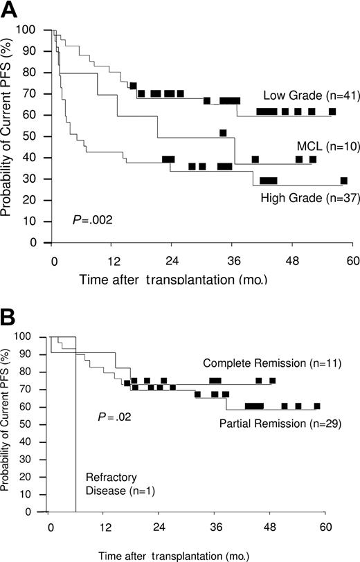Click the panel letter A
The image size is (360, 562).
pos(10,10)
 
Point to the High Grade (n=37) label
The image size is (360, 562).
pos(300,198)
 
